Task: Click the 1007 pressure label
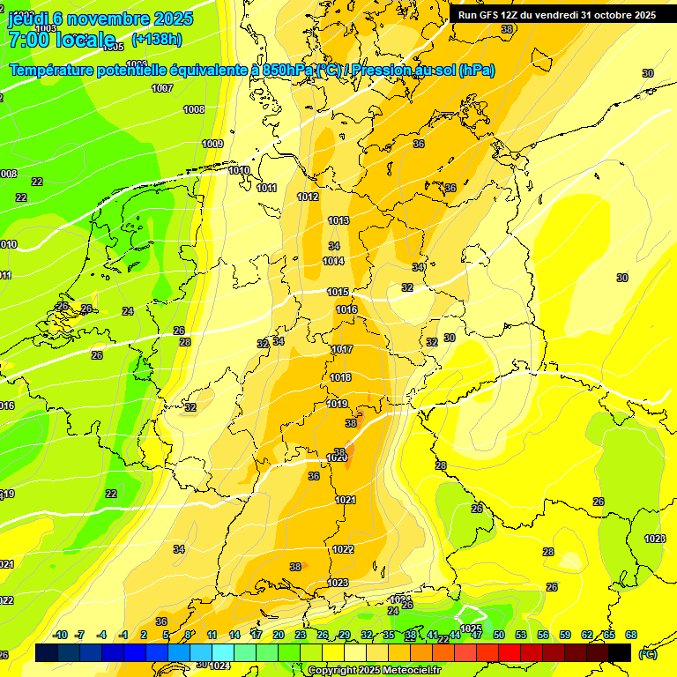click(162, 88)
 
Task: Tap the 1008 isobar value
click(194, 109)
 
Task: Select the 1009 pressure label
click(212, 144)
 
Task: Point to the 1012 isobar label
click(308, 197)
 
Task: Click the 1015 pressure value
click(338, 292)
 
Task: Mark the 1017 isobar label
click(342, 350)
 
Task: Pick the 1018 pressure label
click(340, 377)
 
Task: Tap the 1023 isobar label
click(338, 583)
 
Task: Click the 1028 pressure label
click(654, 539)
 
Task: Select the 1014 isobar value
click(333, 261)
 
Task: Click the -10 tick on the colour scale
click(59, 635)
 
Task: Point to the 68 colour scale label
click(631, 635)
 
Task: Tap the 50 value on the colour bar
click(499, 635)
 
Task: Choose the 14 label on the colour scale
click(234, 635)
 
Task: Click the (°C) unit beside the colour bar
click(648, 653)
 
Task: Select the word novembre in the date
click(107, 19)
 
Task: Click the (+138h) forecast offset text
click(156, 40)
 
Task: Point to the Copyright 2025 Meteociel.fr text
click(374, 671)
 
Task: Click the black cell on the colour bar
click(620, 652)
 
